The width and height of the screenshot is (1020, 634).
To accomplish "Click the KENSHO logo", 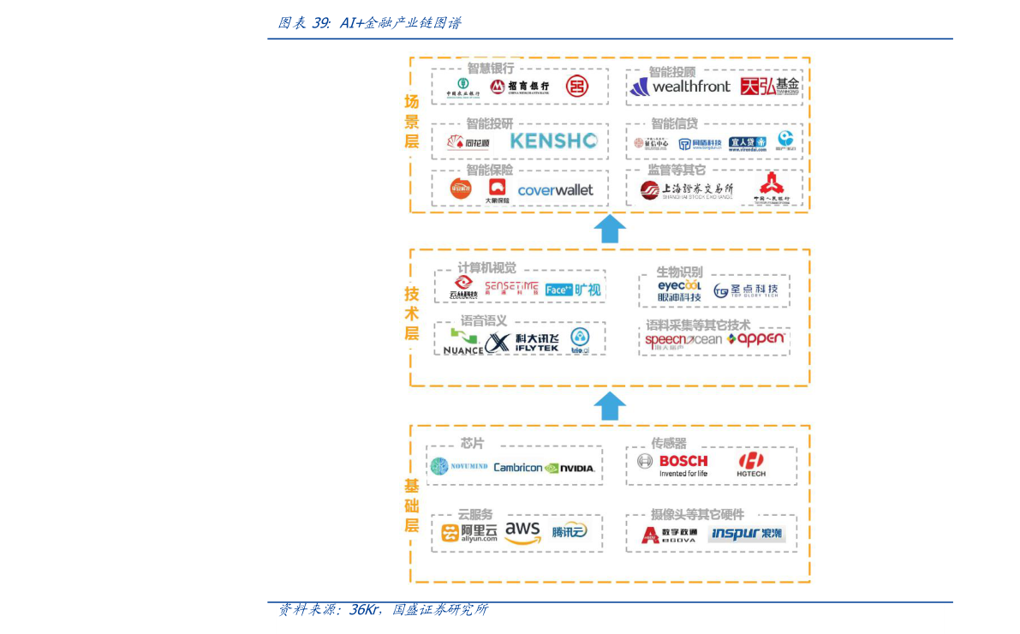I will [x=553, y=141].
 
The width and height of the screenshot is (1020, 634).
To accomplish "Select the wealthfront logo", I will [x=680, y=87].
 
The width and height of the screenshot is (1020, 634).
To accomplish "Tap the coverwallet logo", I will [x=555, y=190].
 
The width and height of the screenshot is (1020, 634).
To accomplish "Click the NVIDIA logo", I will [x=570, y=468].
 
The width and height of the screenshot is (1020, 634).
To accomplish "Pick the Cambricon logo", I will [x=517, y=468].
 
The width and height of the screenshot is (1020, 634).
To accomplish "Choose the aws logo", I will [x=522, y=532].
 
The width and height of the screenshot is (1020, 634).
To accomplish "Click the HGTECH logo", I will [x=751, y=465].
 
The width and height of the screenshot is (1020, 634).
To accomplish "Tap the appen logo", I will [x=755, y=339].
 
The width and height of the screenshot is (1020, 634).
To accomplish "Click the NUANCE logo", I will [x=462, y=343].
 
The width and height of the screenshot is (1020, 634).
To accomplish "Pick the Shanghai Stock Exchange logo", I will [x=687, y=190].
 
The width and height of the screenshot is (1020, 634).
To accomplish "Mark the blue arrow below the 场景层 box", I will [x=610, y=229].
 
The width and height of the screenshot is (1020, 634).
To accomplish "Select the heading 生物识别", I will [x=679, y=272].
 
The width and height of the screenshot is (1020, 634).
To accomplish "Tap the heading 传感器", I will [x=669, y=443].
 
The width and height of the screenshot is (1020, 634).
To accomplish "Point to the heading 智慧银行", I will [x=491, y=68].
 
